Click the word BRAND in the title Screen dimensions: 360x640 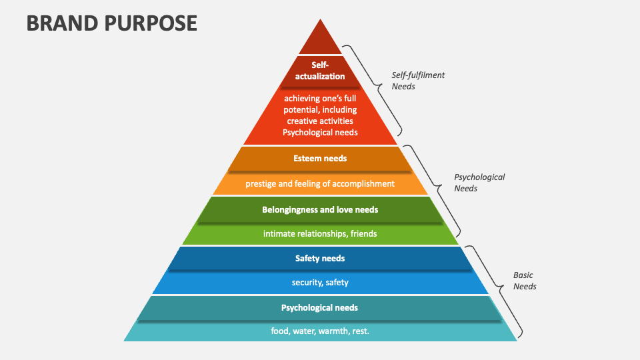[x=59, y=23]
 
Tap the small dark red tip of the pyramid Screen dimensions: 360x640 [x=320, y=40]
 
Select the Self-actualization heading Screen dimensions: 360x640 [x=320, y=70]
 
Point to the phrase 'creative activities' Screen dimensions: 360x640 [x=320, y=121]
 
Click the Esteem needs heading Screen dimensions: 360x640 [x=320, y=159]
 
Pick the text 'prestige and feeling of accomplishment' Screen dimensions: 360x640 [x=320, y=183]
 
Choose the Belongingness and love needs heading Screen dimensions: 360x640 [x=320, y=209]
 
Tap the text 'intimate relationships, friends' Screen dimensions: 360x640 [x=320, y=233]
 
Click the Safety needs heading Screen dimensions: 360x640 [x=320, y=258]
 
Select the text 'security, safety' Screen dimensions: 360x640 [x=320, y=282]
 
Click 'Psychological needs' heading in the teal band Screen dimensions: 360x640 [x=319, y=307]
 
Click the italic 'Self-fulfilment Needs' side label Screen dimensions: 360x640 [x=417, y=81]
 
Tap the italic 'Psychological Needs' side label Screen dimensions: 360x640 [x=479, y=183]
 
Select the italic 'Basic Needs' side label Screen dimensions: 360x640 [x=524, y=281]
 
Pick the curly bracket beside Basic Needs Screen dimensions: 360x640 [x=497, y=290]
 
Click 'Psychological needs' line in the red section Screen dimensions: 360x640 [x=320, y=132]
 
